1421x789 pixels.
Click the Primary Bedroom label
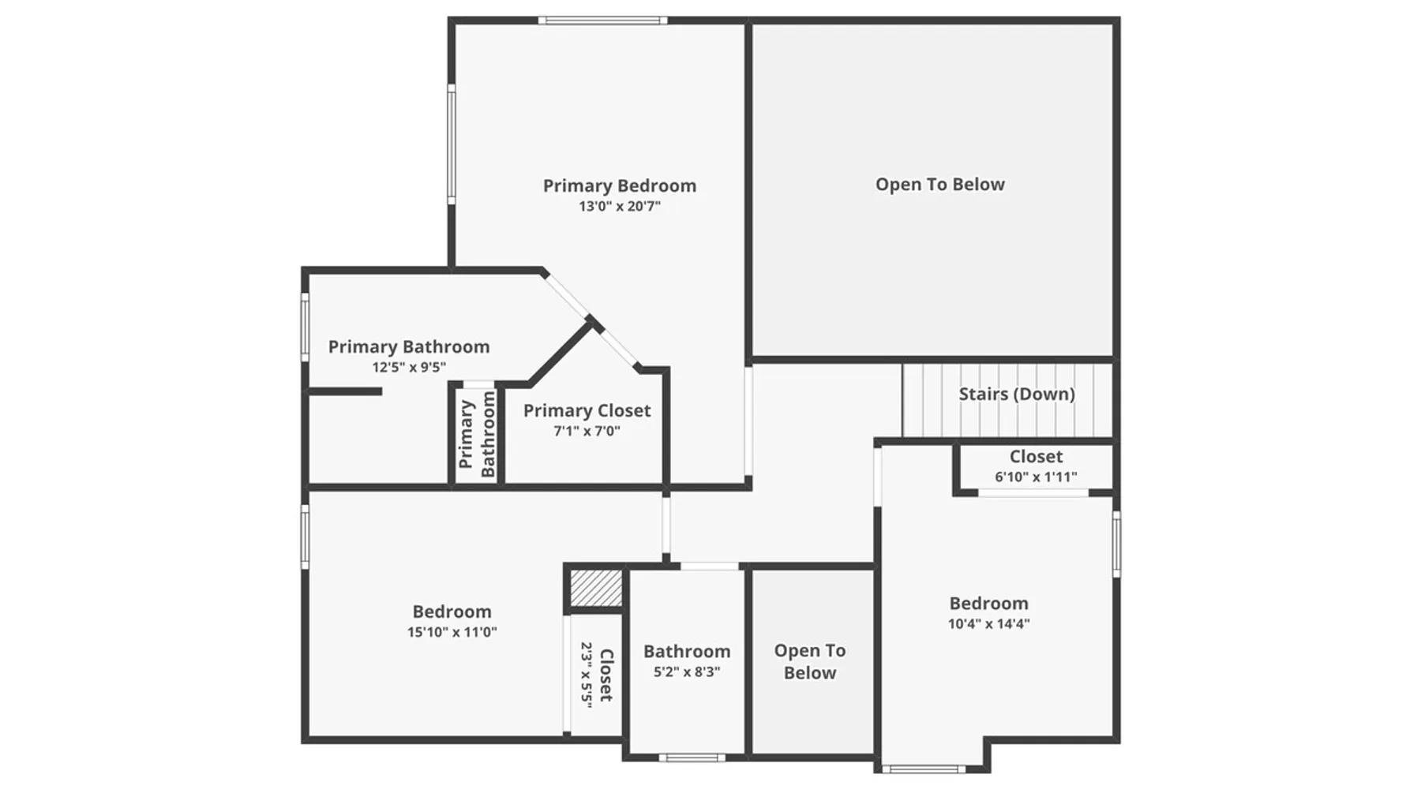click(x=620, y=186)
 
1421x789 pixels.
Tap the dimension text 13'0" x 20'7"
click(x=620, y=207)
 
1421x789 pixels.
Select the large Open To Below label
click(x=940, y=185)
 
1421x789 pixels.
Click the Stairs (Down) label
click(x=1017, y=394)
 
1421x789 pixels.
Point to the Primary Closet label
click(x=587, y=411)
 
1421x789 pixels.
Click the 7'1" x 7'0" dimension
click(x=587, y=432)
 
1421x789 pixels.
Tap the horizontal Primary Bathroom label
click(x=409, y=347)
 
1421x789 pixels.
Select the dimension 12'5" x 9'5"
click(x=409, y=368)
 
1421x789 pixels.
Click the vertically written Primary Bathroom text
click(x=477, y=434)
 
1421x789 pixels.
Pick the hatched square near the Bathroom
click(x=596, y=588)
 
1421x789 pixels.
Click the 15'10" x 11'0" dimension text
click(x=452, y=632)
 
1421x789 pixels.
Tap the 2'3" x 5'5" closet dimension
click(x=587, y=675)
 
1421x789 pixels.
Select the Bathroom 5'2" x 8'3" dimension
click(x=687, y=672)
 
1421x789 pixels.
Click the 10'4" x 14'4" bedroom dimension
click(x=989, y=624)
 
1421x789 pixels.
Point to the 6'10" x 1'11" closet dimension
click(x=1036, y=477)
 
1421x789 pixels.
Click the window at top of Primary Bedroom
click(x=603, y=21)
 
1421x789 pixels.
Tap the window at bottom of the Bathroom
click(x=692, y=758)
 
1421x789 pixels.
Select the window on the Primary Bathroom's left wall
click(x=305, y=327)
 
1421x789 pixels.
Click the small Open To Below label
click(x=810, y=662)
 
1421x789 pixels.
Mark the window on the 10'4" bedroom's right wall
click(x=1116, y=544)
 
